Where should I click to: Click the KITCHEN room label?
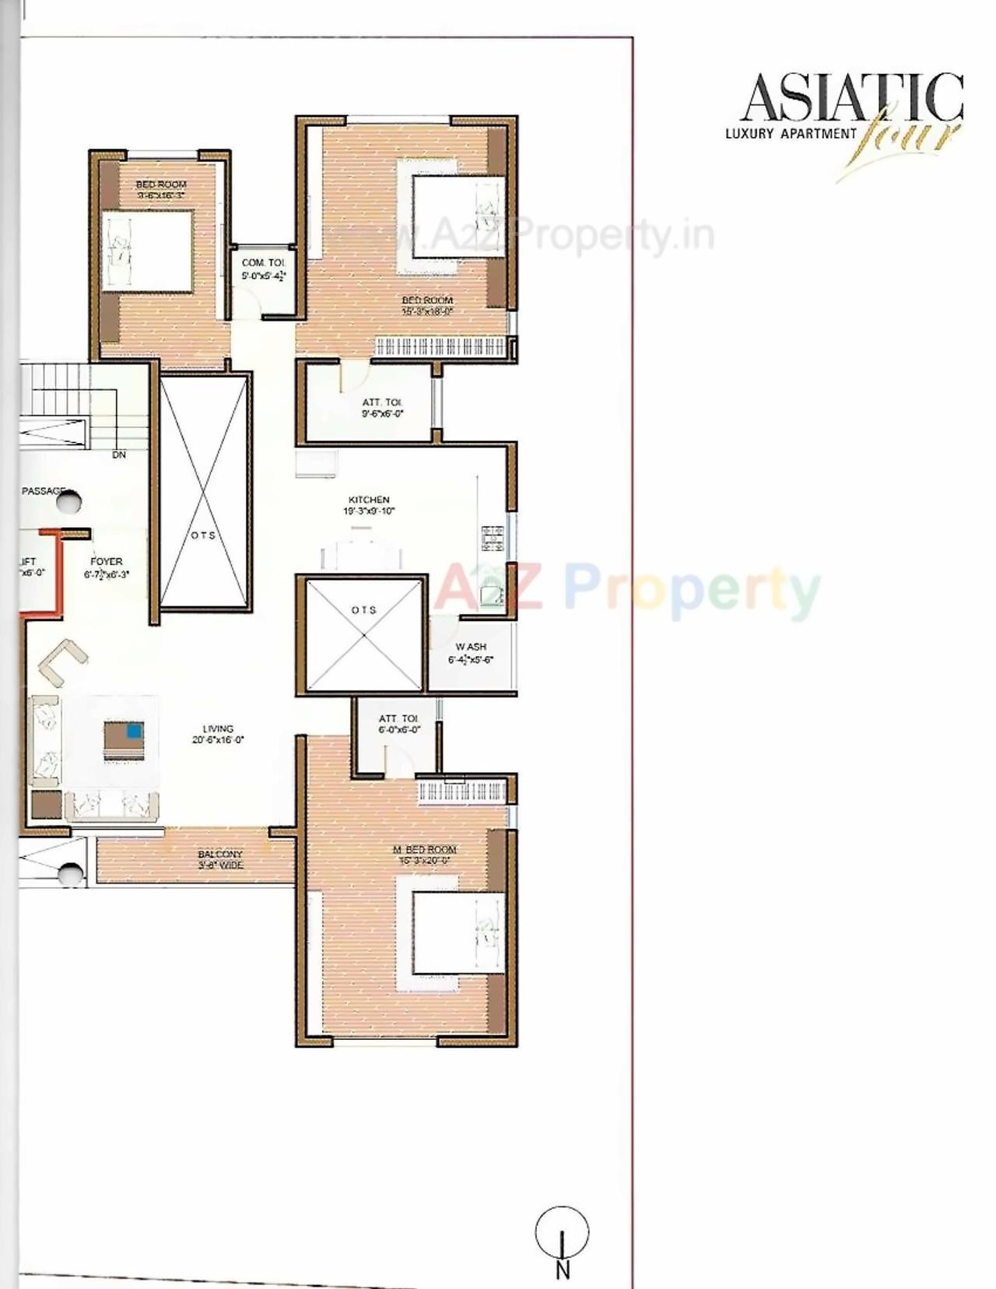pyautogui.click(x=369, y=500)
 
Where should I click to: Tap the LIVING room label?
pyautogui.click(x=218, y=729)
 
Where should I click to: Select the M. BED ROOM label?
pyautogui.click(x=424, y=850)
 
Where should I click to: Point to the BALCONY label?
pyautogui.click(x=220, y=854)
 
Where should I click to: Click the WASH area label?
pyautogui.click(x=471, y=647)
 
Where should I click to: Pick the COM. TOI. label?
pyautogui.click(x=264, y=263)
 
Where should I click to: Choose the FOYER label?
pyautogui.click(x=107, y=561)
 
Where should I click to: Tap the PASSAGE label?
pyautogui.click(x=44, y=491)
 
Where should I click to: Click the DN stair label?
pyautogui.click(x=119, y=455)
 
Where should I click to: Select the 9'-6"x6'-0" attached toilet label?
pyautogui.click(x=382, y=414)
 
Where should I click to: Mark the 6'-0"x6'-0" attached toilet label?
pyautogui.click(x=399, y=730)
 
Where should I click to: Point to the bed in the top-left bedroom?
pyautogui.click(x=148, y=252)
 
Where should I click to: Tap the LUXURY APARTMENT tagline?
pyautogui.click(x=790, y=133)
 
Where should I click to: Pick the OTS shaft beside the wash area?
pyautogui.click(x=363, y=634)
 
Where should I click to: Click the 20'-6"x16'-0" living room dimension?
pyautogui.click(x=218, y=740)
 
